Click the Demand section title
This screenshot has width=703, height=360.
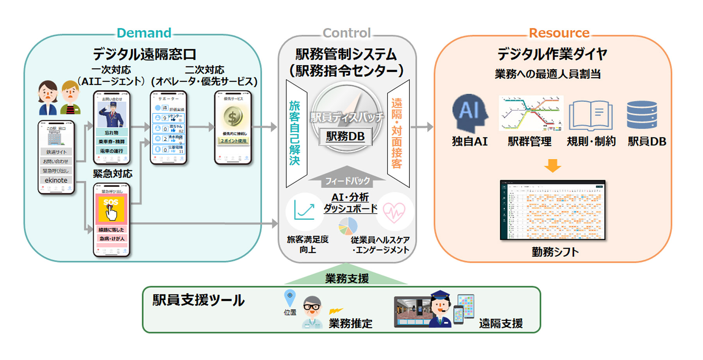tap(144, 33)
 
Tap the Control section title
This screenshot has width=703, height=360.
tap(346, 33)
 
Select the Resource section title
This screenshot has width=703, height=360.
tap(559, 33)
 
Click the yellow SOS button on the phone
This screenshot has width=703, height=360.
tap(111, 209)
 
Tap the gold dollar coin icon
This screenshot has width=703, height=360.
tap(233, 117)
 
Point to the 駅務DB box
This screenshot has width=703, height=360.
tap(345, 136)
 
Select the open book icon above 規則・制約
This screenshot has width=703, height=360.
tap(591, 115)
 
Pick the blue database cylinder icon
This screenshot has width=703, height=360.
tap(642, 115)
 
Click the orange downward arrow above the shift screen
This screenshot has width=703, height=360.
tap(552, 166)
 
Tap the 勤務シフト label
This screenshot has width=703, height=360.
tap(555, 252)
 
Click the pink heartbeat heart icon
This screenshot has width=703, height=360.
tap(394, 212)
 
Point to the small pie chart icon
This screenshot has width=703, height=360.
tap(348, 226)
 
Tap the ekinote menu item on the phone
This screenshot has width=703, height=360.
tap(56, 180)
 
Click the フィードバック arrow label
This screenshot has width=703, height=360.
tap(347, 181)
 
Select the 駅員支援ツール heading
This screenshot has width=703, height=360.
tap(198, 300)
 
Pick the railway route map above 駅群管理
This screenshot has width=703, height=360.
tap(531, 113)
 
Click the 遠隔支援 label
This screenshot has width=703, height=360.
tap(501, 323)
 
